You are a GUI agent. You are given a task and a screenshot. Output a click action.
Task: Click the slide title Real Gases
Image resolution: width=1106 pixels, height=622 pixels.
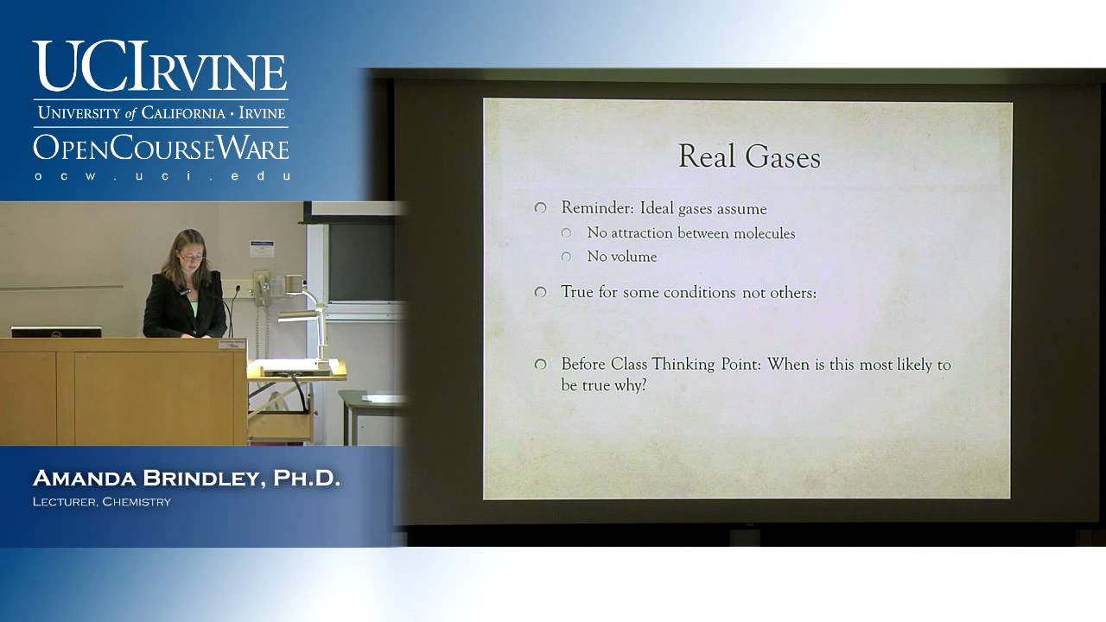(749, 157)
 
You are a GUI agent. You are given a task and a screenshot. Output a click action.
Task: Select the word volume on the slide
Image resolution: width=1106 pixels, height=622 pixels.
(633, 257)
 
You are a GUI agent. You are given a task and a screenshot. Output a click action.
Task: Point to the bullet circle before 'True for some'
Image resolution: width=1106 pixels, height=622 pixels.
(541, 293)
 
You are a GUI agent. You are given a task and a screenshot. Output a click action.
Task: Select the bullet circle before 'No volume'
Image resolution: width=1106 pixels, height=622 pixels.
(567, 257)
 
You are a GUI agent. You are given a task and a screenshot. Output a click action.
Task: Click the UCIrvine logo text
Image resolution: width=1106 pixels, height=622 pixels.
(161, 67)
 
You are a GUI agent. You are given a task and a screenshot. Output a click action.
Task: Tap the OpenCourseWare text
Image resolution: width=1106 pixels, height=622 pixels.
(161, 147)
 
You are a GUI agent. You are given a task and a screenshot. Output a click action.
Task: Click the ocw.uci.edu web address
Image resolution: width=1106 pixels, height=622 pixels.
(161, 175)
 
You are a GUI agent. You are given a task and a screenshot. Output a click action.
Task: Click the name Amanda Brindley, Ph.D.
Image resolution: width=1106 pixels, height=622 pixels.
(186, 479)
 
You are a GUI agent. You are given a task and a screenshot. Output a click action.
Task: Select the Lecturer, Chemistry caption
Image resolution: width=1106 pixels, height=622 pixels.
(102, 502)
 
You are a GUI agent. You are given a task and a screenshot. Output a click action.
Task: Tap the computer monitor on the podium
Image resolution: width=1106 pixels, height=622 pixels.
(56, 332)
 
